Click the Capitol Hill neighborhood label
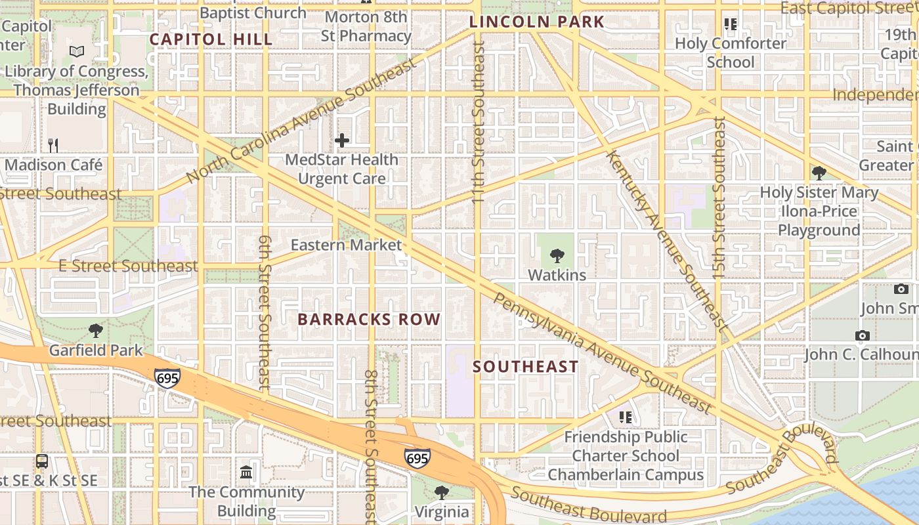211,39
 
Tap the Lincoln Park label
536,22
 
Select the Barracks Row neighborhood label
369,320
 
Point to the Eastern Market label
346,245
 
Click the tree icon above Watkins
557,256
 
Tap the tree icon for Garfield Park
96,331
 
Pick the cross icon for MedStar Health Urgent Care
341,140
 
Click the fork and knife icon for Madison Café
53,145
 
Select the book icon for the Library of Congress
77,51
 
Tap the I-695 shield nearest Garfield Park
167,379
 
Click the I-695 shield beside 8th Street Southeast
417,458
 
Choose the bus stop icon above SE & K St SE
42,461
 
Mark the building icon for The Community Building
247,472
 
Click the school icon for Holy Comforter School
730,24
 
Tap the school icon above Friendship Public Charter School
625,417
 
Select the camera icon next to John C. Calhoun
863,335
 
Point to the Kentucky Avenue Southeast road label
667,240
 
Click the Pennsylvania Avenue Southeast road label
602,353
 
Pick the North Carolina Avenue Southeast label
301,120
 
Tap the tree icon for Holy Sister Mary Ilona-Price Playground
819,173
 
